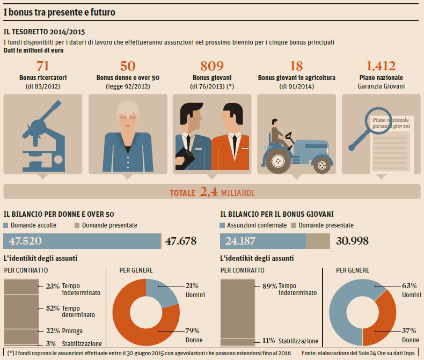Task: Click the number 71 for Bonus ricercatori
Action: [42, 66]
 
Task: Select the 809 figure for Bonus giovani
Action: [211, 66]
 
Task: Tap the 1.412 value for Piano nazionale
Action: [381, 66]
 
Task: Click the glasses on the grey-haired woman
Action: [127, 116]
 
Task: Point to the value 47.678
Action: [180, 241]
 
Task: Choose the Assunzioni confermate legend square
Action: [223, 225]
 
